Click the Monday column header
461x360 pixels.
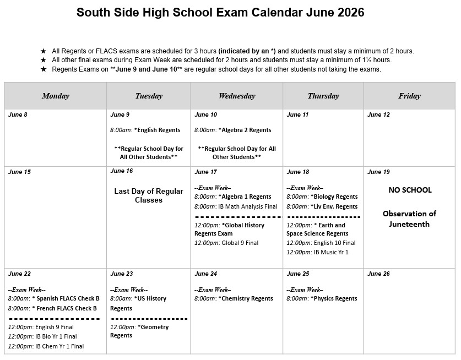(x=55, y=96)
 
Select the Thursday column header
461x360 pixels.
(x=323, y=96)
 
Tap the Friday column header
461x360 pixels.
(x=409, y=96)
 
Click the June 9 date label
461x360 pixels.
(x=120, y=115)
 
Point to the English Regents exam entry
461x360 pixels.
(x=145, y=130)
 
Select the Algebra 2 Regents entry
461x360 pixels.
(x=233, y=130)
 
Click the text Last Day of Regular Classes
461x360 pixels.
(x=149, y=195)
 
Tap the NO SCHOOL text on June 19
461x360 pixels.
(x=410, y=190)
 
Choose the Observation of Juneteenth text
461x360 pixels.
(x=409, y=219)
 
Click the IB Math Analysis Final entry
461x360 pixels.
(x=236, y=207)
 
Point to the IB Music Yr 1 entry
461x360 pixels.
(x=317, y=253)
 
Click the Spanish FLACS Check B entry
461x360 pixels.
(x=53, y=298)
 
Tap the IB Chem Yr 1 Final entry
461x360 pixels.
(x=46, y=347)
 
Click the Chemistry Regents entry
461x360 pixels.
(x=234, y=298)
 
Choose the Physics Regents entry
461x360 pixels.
(x=322, y=298)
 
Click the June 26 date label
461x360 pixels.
(x=378, y=274)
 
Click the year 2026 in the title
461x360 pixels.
(x=349, y=13)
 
